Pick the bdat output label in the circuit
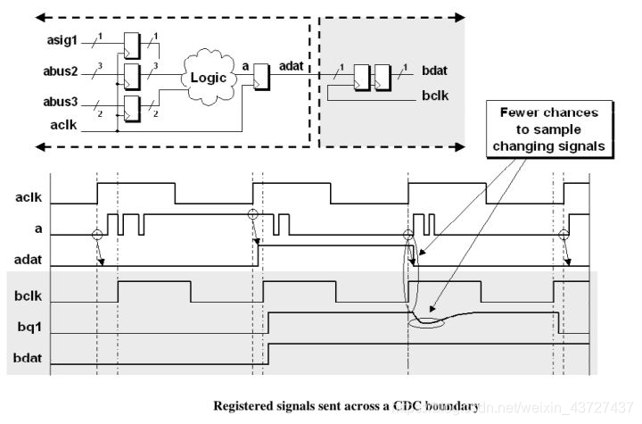437,70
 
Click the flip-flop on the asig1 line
130,43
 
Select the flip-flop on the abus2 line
130,77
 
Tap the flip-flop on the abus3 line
130,111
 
